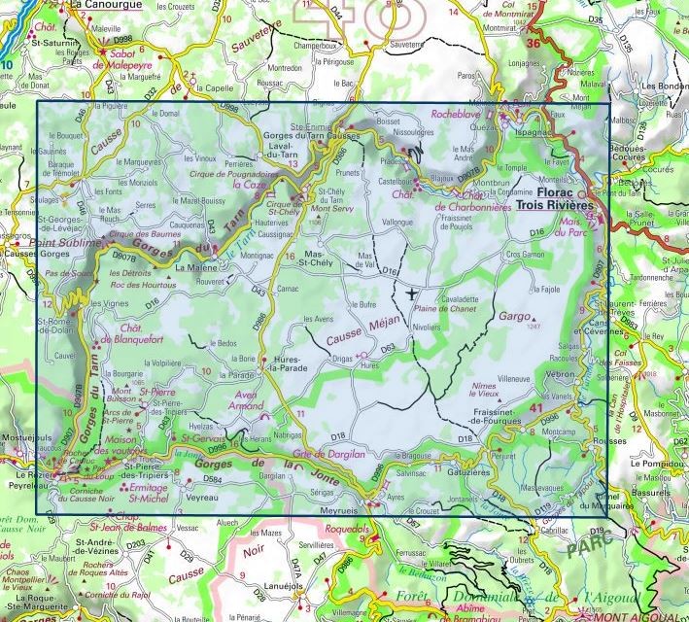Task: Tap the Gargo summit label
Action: (x=515, y=317)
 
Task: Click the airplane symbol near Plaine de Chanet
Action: (x=413, y=293)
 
